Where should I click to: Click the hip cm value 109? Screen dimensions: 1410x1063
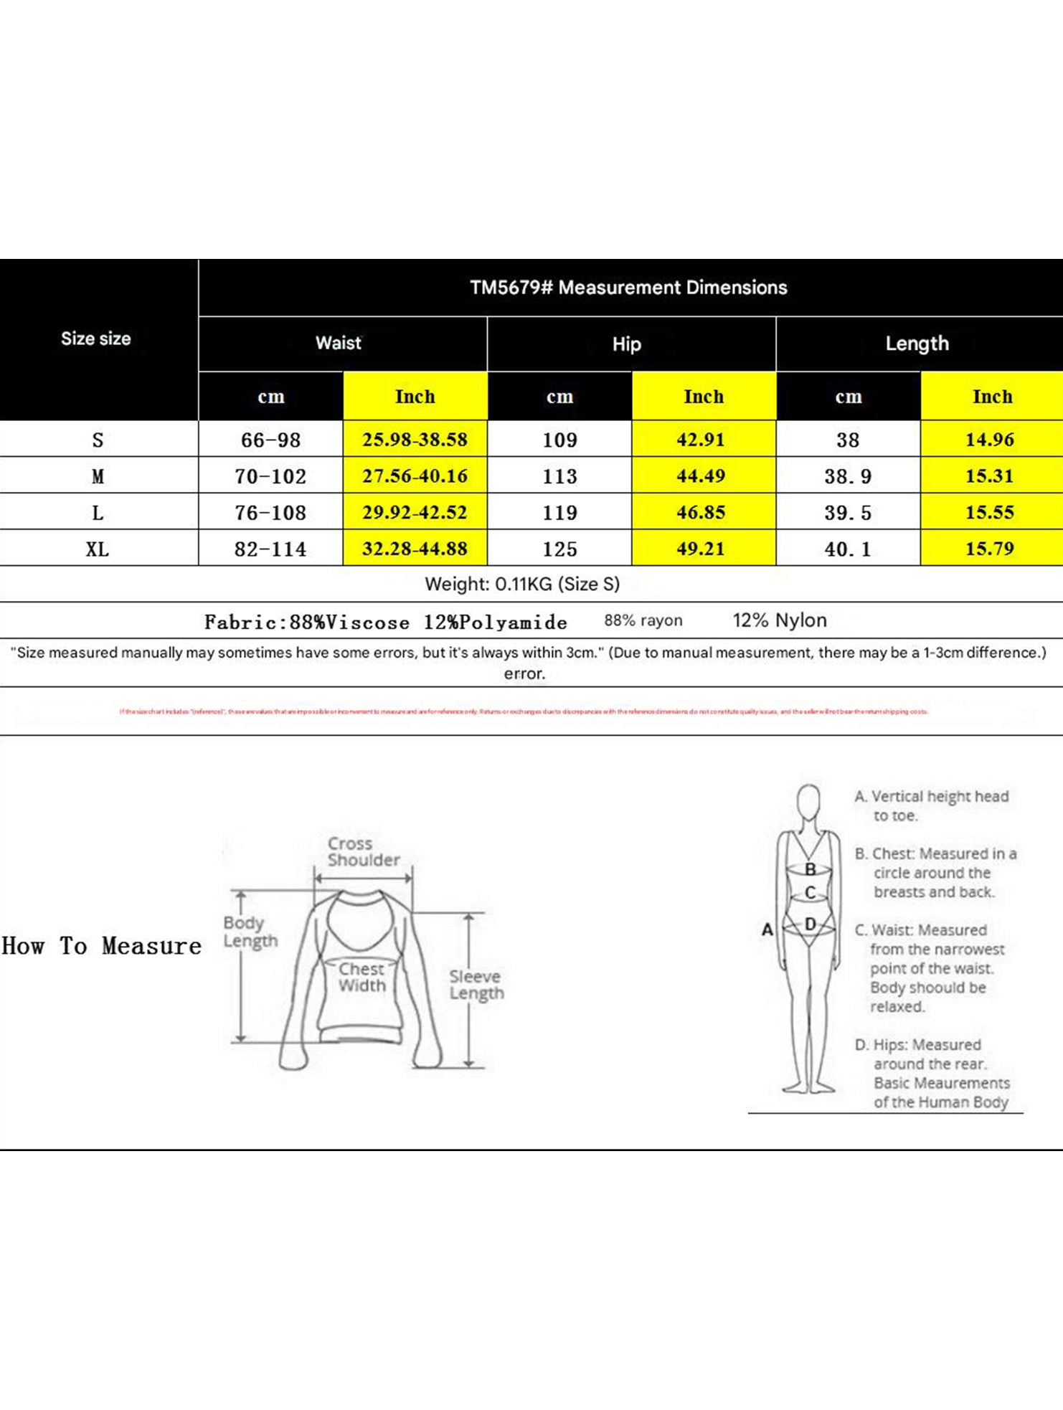pyautogui.click(x=559, y=440)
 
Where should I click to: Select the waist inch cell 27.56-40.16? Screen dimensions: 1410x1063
pyautogui.click(x=415, y=475)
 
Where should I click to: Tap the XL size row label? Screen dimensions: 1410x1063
pyautogui.click(x=98, y=549)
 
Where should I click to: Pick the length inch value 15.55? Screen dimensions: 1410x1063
pyautogui.click(x=990, y=512)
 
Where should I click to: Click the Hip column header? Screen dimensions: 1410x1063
pyautogui.click(x=626, y=344)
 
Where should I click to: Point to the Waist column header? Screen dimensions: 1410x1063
pyautogui.click(x=339, y=343)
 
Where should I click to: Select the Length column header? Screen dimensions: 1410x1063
pyautogui.click(x=917, y=344)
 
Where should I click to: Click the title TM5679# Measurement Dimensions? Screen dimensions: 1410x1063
pyautogui.click(x=628, y=288)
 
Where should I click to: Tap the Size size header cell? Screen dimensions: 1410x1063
pyautogui.click(x=96, y=339)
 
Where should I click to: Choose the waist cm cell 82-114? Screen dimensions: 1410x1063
pyautogui.click(x=270, y=549)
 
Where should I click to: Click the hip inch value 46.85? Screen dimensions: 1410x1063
pyautogui.click(x=701, y=512)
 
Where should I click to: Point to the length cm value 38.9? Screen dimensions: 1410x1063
pyautogui.click(x=848, y=476)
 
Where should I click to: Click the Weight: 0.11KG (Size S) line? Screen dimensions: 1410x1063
pyautogui.click(x=522, y=584)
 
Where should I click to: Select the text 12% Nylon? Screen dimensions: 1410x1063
pyautogui.click(x=780, y=620)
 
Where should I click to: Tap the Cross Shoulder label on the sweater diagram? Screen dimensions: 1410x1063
pyautogui.click(x=363, y=851)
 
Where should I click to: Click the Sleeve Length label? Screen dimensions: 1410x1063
pyautogui.click(x=476, y=985)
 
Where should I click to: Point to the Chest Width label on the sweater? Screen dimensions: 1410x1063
pyautogui.click(x=362, y=978)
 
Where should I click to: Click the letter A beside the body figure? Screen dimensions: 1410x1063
pyautogui.click(x=767, y=929)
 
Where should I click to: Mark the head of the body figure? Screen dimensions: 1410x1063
pyautogui.click(x=809, y=801)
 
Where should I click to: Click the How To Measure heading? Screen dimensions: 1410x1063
pyautogui.click(x=102, y=946)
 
